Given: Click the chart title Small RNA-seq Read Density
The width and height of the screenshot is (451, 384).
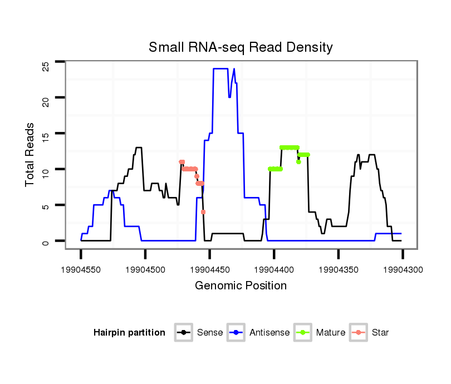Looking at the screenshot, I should click(x=241, y=47).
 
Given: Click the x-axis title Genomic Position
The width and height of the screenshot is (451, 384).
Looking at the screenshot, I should click(x=241, y=286).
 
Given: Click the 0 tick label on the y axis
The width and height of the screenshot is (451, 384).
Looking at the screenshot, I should click(x=46, y=242).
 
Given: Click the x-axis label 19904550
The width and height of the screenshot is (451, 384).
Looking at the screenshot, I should click(x=81, y=269).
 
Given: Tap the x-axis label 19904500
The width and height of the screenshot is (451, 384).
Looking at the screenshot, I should click(x=145, y=269).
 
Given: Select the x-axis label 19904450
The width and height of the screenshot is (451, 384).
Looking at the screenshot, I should click(x=209, y=269).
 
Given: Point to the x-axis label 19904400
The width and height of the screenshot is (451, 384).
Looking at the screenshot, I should click(x=274, y=269).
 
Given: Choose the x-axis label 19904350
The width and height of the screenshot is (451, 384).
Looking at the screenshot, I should click(x=339, y=269).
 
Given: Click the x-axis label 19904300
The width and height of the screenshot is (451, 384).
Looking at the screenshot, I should click(x=403, y=269).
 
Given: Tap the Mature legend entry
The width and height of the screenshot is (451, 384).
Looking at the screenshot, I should click(x=321, y=333).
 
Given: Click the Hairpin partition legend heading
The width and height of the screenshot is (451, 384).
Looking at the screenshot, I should click(x=129, y=333).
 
